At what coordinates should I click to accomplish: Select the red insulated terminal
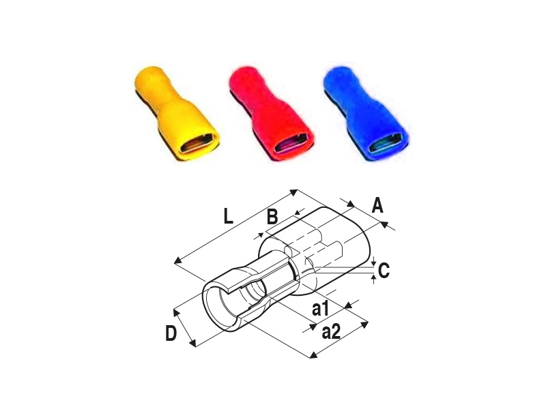click(270, 115)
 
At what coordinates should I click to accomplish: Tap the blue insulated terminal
click(366, 115)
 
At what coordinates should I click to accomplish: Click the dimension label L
click(228, 217)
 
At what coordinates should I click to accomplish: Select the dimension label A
click(377, 205)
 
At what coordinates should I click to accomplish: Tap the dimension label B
click(272, 217)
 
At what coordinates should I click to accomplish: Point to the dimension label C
click(384, 271)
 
